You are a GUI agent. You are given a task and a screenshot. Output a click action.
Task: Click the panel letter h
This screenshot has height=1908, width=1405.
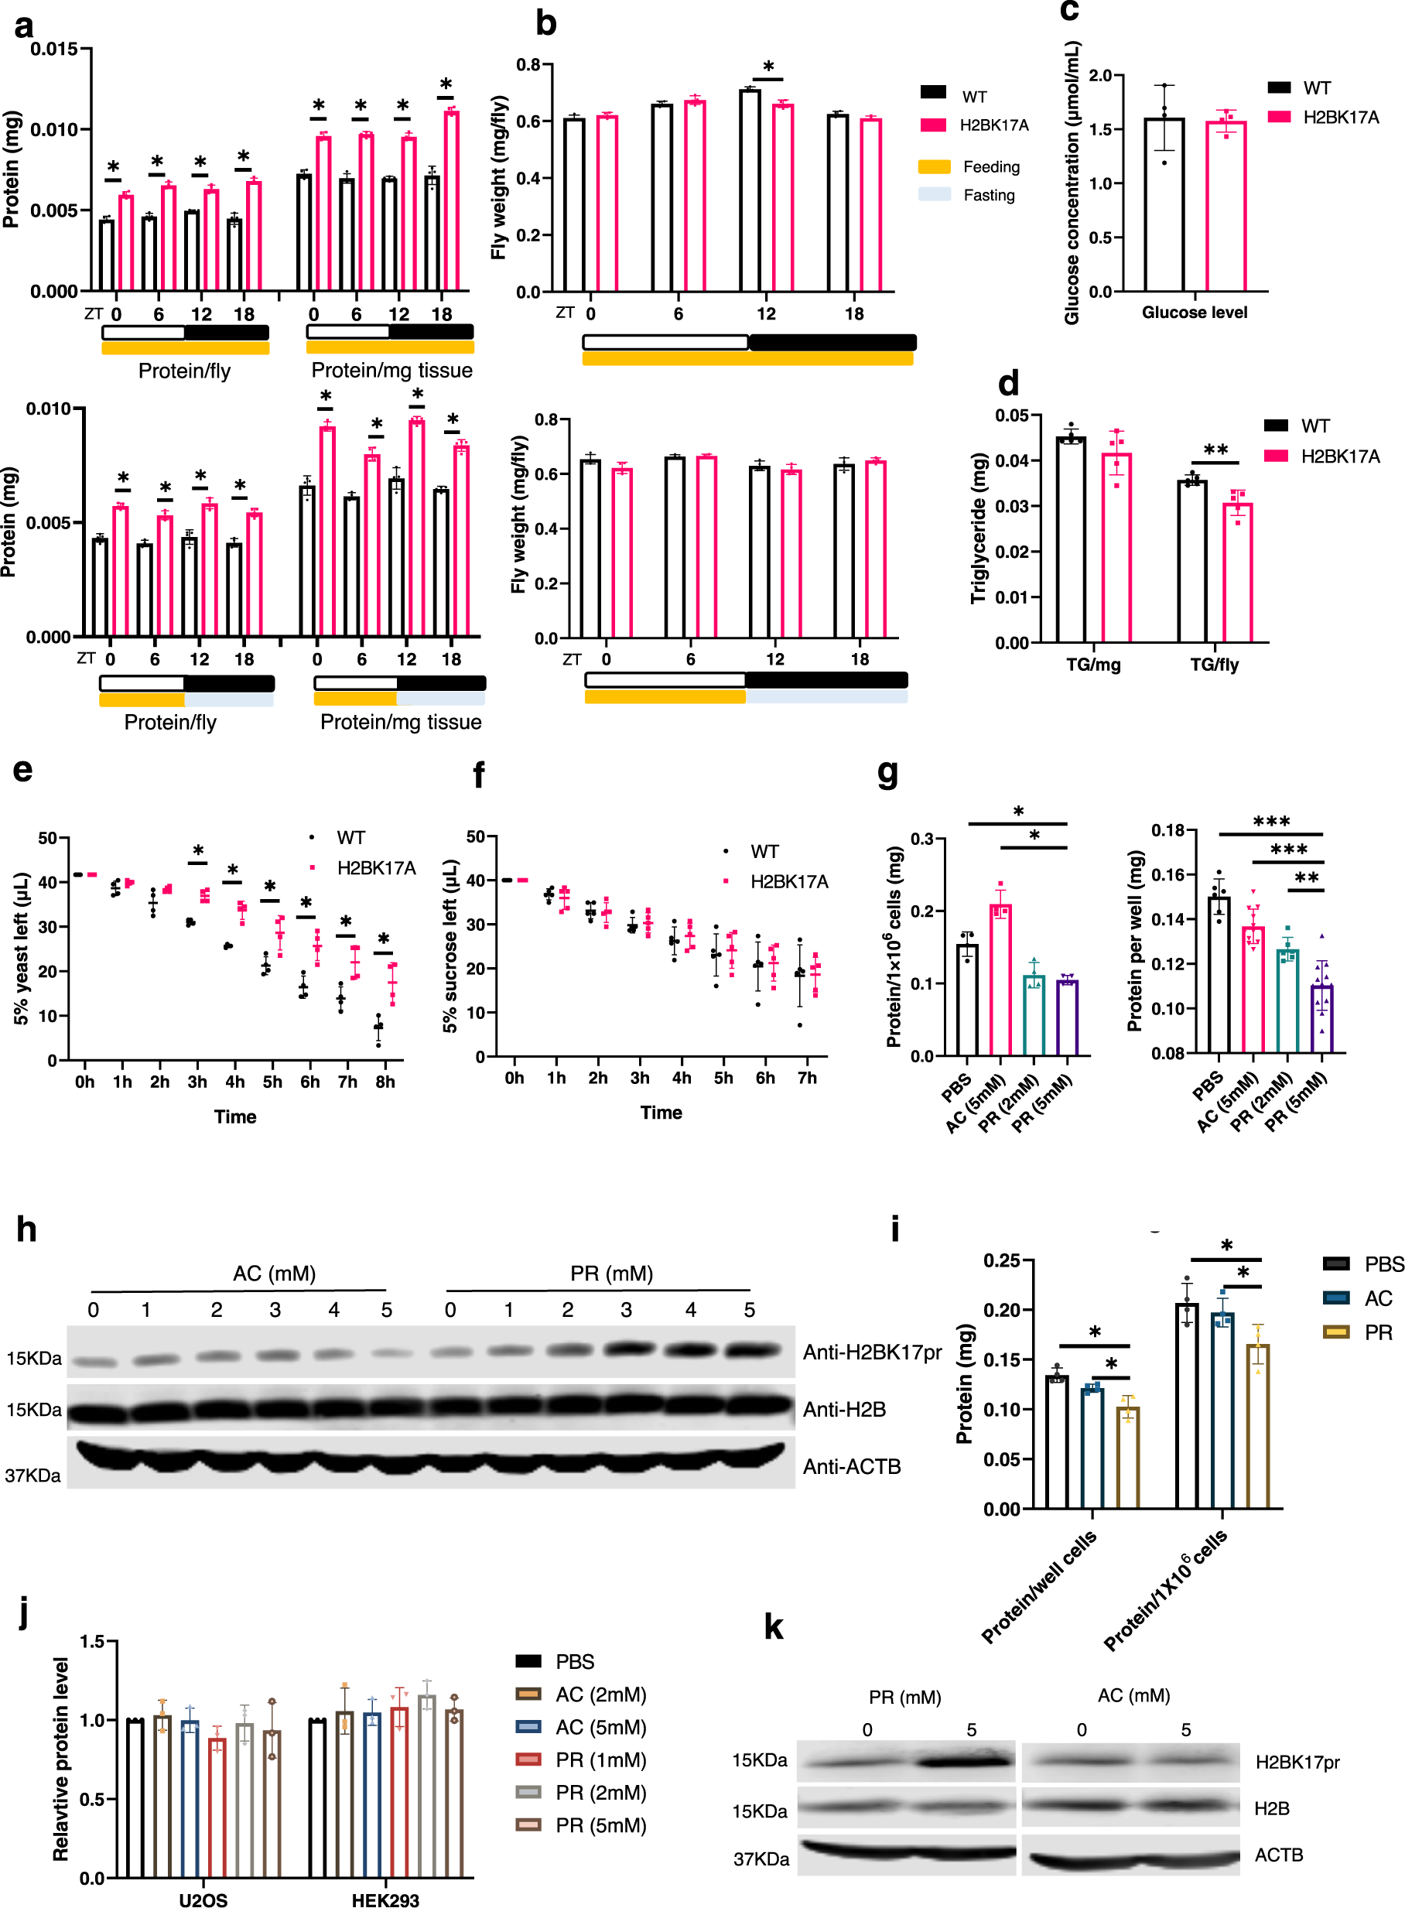tap(26, 1230)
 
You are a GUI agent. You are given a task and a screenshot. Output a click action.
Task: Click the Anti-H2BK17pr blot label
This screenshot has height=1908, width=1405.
tap(872, 1352)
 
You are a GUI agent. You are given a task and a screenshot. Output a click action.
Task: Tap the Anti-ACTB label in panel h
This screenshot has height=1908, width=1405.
tap(851, 1466)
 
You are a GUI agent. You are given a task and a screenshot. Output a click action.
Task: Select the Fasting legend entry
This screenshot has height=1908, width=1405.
tap(988, 195)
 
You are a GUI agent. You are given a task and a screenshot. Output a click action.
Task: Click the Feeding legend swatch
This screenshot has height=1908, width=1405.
tap(934, 166)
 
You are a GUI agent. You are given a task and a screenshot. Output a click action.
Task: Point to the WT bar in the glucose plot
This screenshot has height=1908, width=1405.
tap(1164, 204)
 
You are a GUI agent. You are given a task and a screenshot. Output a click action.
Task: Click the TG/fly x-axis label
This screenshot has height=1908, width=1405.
tap(1214, 665)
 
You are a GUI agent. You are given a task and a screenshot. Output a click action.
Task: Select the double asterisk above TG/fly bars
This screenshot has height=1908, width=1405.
tap(1215, 450)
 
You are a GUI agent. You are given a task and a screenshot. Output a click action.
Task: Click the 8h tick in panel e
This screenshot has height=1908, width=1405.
tap(385, 1082)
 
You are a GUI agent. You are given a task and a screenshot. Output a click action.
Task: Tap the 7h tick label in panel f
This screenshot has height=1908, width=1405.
tap(807, 1078)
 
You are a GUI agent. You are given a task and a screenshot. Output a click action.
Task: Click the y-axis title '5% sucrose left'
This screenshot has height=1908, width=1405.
tap(450, 946)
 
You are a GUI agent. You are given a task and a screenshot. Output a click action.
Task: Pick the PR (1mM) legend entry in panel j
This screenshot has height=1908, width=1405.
tap(600, 1760)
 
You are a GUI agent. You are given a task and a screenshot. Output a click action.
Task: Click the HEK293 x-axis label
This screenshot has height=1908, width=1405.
tap(385, 1900)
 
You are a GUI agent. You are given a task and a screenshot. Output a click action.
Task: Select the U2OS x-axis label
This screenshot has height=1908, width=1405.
tap(203, 1900)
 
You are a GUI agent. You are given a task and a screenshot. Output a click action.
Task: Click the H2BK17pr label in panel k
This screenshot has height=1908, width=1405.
tap(1297, 1763)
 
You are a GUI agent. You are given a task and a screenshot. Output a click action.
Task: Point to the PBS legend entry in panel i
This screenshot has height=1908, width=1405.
tap(1383, 1264)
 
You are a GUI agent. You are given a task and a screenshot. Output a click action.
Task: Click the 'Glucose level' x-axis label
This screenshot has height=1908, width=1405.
tap(1194, 312)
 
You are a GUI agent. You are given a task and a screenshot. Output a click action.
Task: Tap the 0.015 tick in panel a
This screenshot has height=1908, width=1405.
tap(53, 50)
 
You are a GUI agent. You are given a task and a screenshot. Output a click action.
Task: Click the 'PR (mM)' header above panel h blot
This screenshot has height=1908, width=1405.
tap(611, 1274)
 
